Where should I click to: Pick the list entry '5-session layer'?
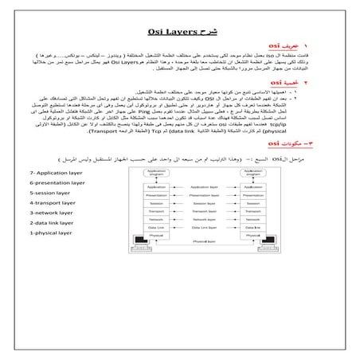click(51, 193)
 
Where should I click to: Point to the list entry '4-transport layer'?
click(54, 203)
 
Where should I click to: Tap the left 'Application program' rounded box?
click(155, 172)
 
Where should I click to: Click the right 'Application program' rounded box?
click(252, 172)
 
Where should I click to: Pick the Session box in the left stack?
click(155, 203)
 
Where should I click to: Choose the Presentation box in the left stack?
click(155, 196)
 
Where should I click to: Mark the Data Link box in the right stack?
click(252, 227)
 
